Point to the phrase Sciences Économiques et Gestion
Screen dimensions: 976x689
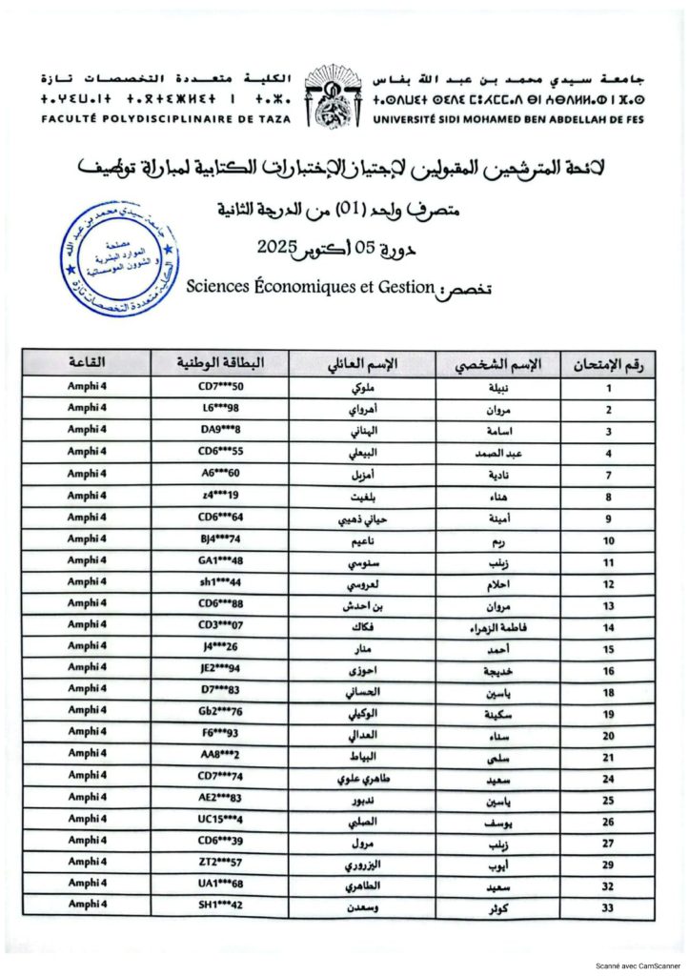[x=311, y=284]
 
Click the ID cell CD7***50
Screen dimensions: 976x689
[x=222, y=386]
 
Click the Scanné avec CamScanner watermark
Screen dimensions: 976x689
[x=638, y=964]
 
